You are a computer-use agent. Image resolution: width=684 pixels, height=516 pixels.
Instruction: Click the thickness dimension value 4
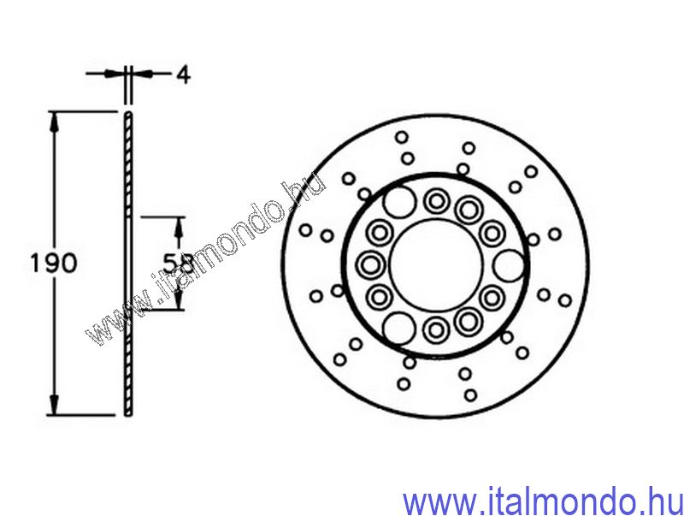[x=184, y=75]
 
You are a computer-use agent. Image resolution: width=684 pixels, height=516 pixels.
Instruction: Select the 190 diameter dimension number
[x=54, y=263]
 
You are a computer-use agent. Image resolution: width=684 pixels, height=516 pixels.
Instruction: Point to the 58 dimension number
[x=178, y=264]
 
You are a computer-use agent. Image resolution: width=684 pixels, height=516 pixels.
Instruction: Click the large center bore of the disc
[x=436, y=264]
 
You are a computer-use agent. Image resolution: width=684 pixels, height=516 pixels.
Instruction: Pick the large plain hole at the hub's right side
[x=509, y=265]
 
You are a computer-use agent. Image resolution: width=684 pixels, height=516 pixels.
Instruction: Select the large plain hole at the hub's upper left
[x=399, y=201]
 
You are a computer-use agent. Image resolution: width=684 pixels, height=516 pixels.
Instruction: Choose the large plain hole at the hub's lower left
[x=399, y=328]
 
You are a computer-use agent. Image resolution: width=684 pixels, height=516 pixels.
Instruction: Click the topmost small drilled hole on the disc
[x=402, y=137]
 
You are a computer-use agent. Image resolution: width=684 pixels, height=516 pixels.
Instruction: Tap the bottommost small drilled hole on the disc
[x=470, y=395]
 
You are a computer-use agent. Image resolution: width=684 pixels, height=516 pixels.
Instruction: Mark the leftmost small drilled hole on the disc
[x=306, y=229]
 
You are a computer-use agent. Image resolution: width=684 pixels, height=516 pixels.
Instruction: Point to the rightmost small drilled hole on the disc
[x=565, y=300]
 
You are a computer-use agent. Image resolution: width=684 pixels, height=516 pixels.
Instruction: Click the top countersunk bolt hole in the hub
[x=436, y=201]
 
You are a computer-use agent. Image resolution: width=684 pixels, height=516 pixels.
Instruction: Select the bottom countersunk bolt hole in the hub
[x=436, y=329]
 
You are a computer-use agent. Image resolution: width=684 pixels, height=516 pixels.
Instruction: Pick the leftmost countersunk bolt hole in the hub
[x=371, y=264]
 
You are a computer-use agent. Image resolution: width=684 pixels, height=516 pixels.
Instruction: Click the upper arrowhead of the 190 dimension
[x=54, y=122]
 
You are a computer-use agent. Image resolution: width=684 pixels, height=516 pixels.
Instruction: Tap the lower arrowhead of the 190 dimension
[x=54, y=405]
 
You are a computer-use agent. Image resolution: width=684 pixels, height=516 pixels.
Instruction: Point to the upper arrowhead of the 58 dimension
[x=179, y=226]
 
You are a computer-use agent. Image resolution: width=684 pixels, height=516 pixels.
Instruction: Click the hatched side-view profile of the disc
[x=128, y=264]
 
